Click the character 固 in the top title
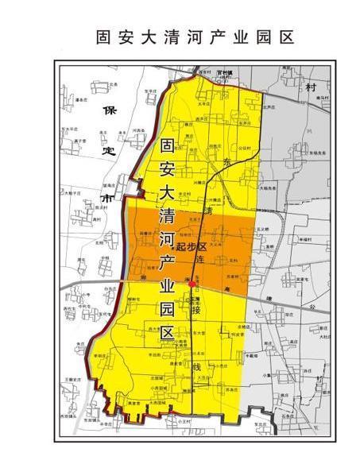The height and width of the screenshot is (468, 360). coord(103,37)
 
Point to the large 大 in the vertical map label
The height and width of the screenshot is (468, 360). coord(167,192)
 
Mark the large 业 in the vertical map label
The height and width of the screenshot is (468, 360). coord(167,285)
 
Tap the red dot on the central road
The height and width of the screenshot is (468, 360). coord(192,284)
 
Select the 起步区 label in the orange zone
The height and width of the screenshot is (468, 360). coord(192,247)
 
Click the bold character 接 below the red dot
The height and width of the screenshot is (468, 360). coord(195,311)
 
